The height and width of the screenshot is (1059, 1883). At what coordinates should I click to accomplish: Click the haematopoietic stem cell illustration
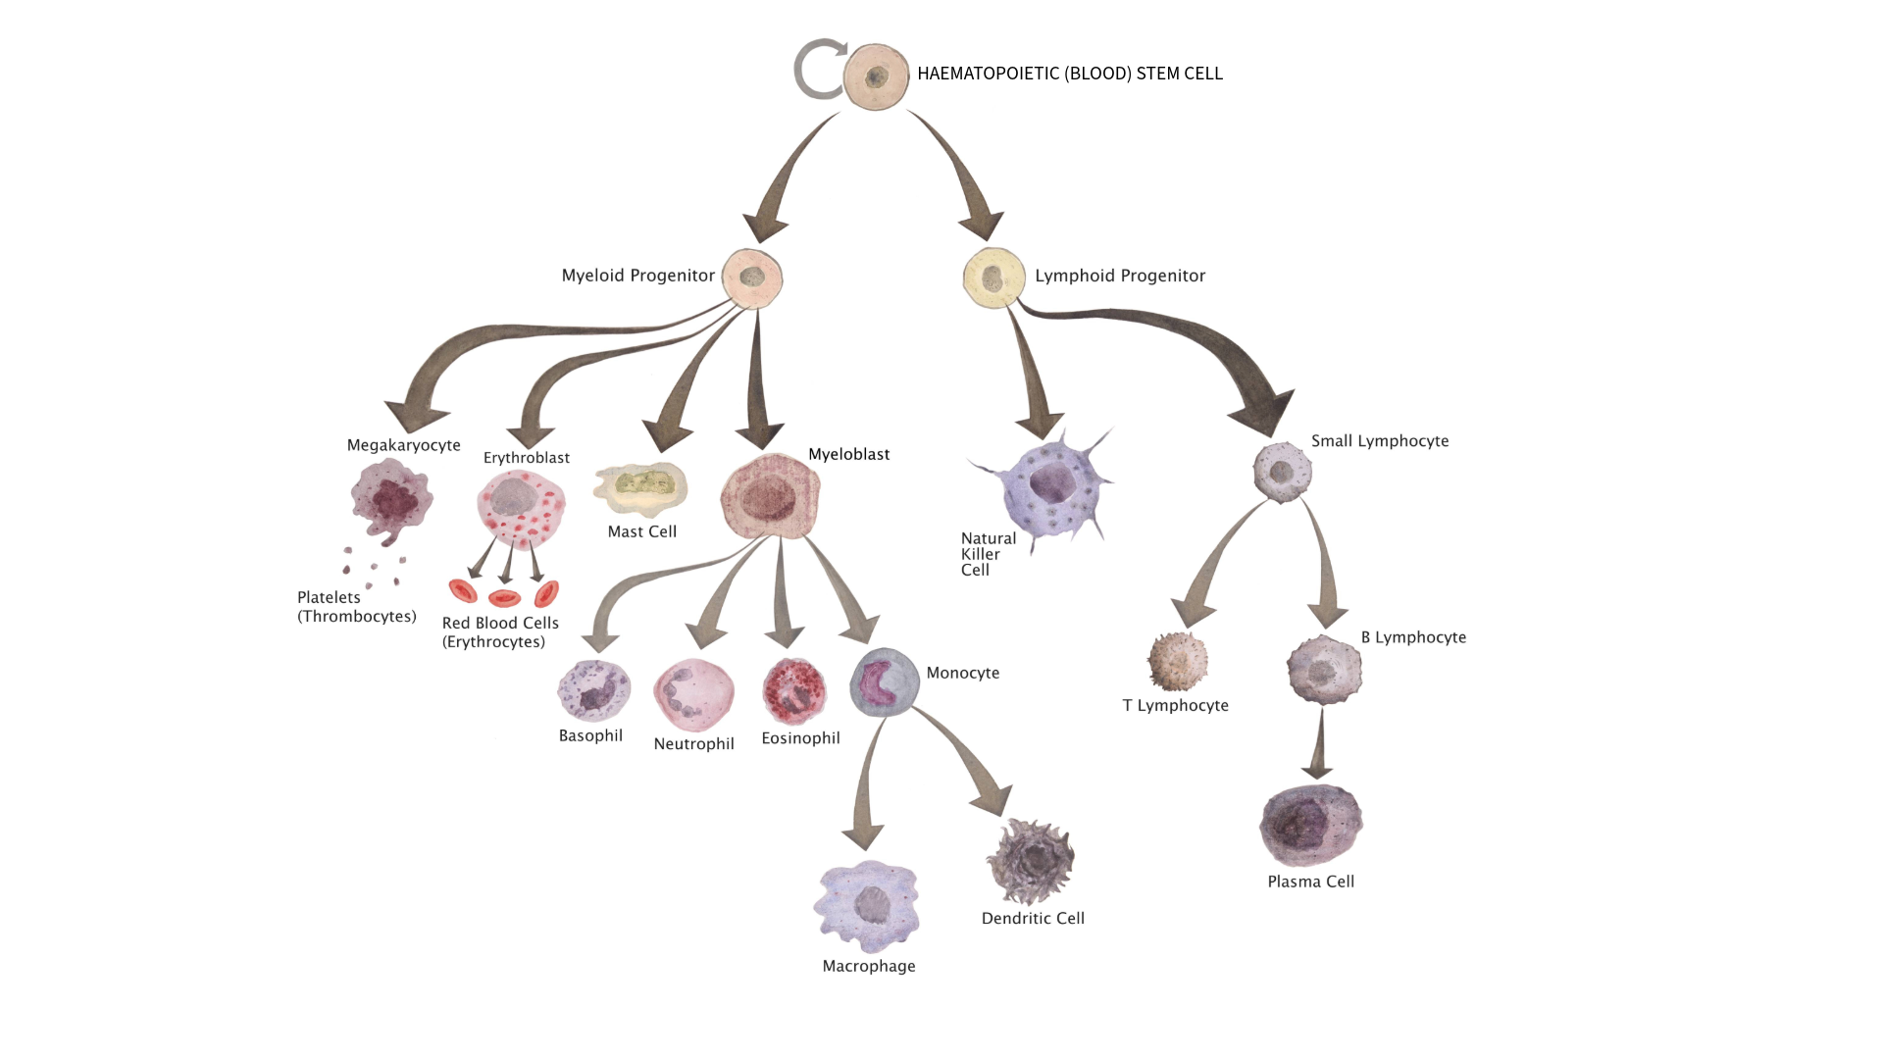click(876, 76)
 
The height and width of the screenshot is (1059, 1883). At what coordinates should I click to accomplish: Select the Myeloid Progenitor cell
click(752, 278)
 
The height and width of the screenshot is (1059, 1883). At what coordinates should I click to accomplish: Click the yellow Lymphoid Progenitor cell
click(993, 278)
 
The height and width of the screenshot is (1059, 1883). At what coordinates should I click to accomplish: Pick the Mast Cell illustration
click(640, 487)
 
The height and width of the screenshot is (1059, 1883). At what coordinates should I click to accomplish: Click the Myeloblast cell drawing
click(770, 496)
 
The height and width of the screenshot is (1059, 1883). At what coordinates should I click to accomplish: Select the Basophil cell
click(593, 691)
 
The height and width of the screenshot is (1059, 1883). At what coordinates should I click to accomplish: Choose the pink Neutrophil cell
click(693, 694)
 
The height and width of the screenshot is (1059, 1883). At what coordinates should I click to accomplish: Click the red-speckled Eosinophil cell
click(794, 690)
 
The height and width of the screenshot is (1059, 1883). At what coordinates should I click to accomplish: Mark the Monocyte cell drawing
click(885, 681)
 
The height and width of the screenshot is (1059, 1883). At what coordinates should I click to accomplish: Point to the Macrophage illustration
click(867, 906)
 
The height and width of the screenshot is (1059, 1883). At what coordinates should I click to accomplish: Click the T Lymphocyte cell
click(1177, 662)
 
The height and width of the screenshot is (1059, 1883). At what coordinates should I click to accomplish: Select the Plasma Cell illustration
click(1310, 825)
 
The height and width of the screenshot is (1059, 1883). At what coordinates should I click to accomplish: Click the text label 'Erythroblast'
click(527, 458)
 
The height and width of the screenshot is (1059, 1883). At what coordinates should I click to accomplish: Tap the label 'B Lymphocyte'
click(1413, 637)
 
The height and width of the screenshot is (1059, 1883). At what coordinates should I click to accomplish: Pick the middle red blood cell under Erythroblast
click(504, 597)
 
